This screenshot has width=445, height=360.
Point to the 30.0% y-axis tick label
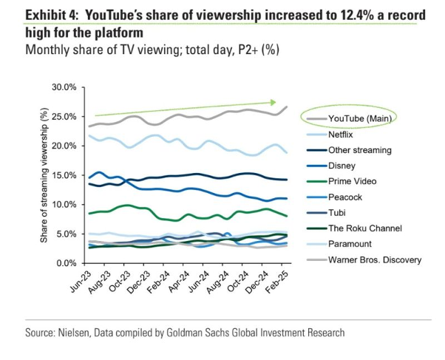coord(64,88)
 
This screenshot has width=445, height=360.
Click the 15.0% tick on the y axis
coord(64,175)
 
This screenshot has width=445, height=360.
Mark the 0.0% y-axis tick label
coord(67,263)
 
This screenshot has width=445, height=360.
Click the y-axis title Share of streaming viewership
coord(44,176)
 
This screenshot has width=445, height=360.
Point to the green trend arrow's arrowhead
coord(273,103)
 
